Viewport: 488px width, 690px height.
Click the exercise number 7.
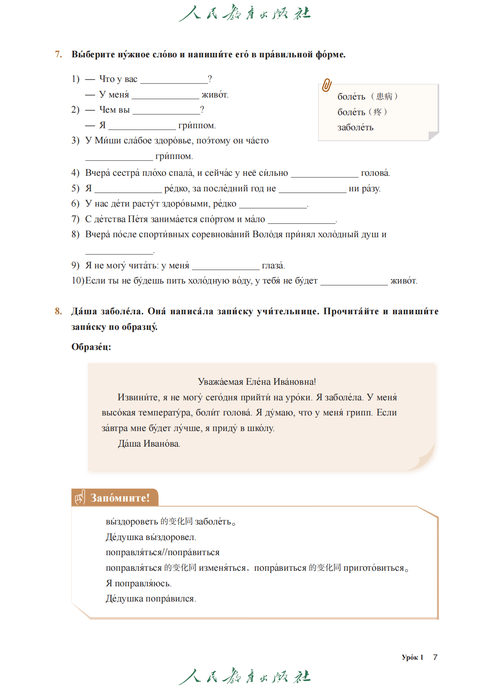click(59, 54)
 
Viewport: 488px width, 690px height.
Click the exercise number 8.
click(59, 311)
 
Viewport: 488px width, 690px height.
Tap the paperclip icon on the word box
click(327, 85)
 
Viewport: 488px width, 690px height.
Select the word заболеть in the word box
click(355, 127)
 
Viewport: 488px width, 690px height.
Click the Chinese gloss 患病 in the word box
click(384, 97)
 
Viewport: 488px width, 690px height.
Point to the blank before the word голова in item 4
click(324, 174)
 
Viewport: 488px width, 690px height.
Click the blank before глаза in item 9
click(225, 266)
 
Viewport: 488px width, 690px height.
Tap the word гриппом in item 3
click(174, 157)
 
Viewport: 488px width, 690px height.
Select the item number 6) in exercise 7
click(75, 204)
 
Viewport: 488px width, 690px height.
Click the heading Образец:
click(91, 347)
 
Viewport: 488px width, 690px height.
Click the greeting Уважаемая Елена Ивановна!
click(256, 382)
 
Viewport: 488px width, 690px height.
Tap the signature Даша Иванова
click(149, 444)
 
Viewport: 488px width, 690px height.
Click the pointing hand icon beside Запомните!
click(80, 498)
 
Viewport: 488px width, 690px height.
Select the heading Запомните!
click(120, 498)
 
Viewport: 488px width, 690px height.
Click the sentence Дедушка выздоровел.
click(151, 537)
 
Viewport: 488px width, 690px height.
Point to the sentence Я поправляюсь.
click(138, 583)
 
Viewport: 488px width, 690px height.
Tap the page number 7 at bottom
click(435, 657)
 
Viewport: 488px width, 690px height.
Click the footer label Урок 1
click(412, 657)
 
